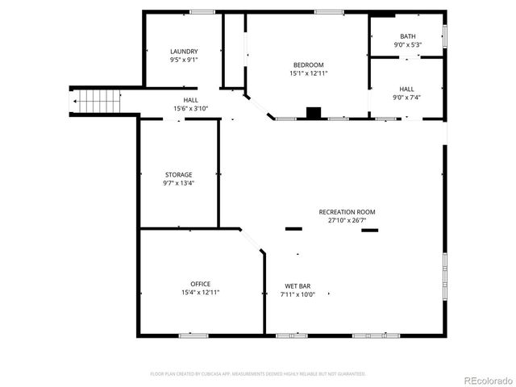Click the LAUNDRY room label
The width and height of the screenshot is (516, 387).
point(184,52)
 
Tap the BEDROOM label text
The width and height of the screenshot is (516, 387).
point(308,65)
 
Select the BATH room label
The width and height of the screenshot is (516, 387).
point(408,36)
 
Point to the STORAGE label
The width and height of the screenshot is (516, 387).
point(179,175)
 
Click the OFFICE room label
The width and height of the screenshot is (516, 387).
point(201,284)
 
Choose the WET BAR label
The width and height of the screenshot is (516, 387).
point(298,286)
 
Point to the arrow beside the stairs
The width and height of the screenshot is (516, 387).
point(76,102)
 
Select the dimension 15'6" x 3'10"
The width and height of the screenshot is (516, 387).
point(190,109)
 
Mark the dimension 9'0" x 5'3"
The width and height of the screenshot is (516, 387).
point(408,45)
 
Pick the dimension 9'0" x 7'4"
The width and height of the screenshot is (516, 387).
point(407,98)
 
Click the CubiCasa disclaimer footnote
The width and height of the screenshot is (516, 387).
point(258,374)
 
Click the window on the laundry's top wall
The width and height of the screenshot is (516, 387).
point(202,11)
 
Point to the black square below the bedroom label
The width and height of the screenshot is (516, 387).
point(314,113)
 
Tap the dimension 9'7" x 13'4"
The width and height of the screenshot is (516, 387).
point(179,183)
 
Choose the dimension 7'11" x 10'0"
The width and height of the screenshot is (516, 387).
point(298,294)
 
